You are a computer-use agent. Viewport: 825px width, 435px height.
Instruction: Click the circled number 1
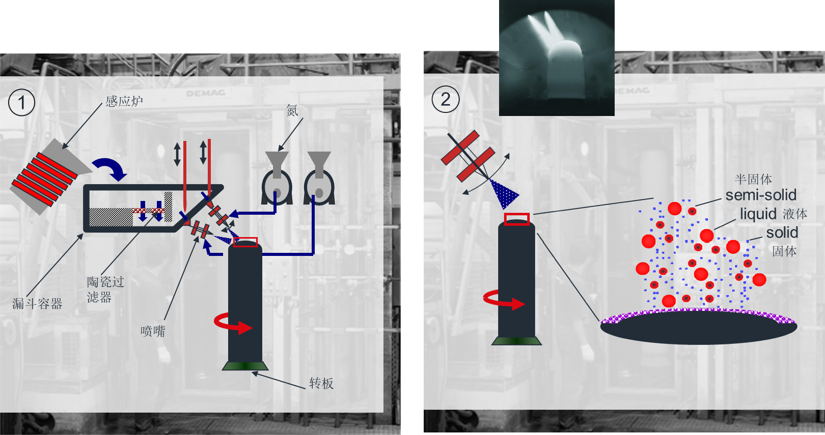[22, 103]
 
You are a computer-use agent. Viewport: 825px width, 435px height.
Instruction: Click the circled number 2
[446, 99]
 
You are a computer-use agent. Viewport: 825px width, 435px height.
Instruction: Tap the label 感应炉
[124, 101]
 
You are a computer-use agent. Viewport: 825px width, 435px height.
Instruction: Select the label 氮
[292, 110]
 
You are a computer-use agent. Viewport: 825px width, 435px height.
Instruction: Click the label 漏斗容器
[37, 304]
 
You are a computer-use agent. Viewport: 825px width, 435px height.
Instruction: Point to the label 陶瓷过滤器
[105, 289]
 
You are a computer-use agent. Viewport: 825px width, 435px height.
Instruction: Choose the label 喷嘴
[153, 331]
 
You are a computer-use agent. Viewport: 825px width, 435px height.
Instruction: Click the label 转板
[321, 383]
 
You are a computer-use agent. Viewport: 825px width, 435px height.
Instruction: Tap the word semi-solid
[761, 195]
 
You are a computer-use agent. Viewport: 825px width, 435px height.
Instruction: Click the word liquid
[758, 214]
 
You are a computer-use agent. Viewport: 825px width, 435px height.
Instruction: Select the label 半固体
[753, 179]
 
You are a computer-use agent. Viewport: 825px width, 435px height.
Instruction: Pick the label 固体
[784, 251]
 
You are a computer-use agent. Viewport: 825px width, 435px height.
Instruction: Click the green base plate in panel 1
[245, 366]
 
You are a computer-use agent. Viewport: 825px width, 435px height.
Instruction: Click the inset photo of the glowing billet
[557, 58]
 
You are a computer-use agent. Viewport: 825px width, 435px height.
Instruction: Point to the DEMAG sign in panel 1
[206, 93]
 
